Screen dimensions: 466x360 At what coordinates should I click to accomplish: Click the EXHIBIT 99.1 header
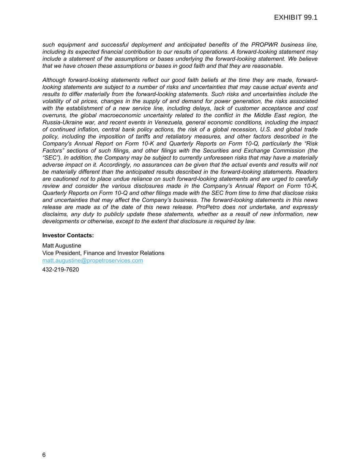296,18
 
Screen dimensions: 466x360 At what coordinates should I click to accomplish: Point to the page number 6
44,455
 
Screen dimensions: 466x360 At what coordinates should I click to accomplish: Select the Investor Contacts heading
68,235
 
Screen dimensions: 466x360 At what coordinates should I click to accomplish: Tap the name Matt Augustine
62,245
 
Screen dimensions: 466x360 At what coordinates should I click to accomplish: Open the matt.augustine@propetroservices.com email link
92,260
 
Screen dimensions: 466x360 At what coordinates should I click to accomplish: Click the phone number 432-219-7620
60,270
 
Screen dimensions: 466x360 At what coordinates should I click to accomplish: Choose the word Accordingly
115,165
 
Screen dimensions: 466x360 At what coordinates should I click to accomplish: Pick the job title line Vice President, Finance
103,253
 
